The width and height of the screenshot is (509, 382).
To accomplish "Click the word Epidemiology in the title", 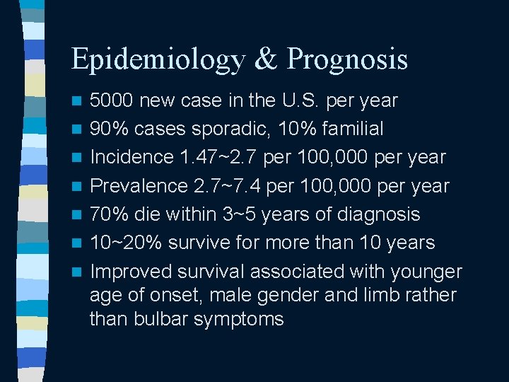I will click(156, 60).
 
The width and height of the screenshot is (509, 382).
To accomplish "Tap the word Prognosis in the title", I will click(346, 60).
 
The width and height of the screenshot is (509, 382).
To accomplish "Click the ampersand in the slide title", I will click(264, 59).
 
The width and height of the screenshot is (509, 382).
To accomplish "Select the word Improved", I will click(131, 271).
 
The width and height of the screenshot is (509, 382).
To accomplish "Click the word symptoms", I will click(243, 319).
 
